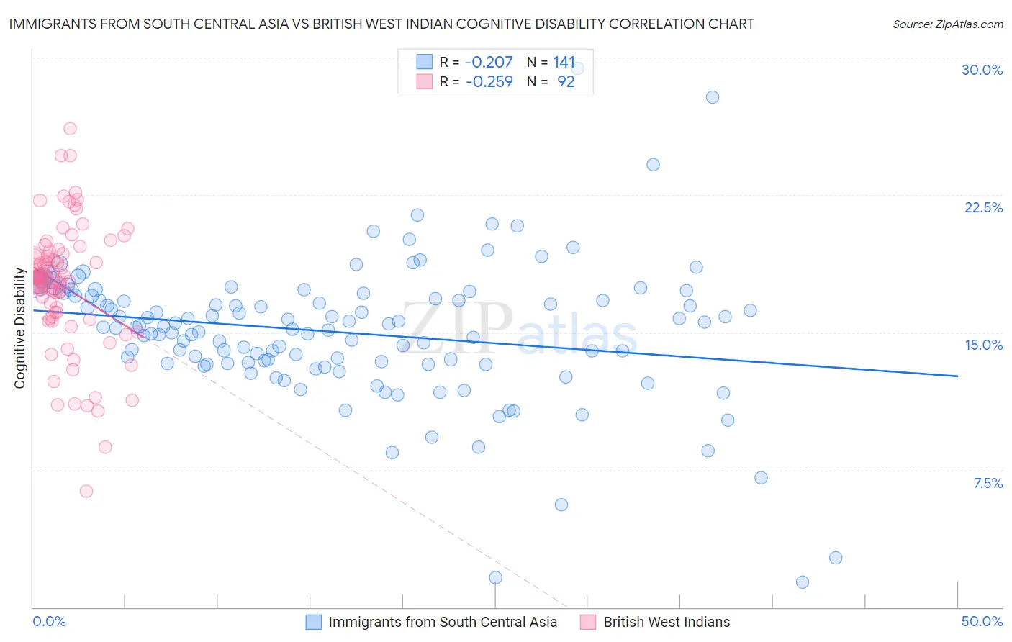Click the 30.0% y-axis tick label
pyautogui.click(x=982, y=70)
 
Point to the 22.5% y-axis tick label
pyautogui.click(x=983, y=207)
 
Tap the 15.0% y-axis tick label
pyautogui.click(x=983, y=345)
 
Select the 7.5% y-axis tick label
pyautogui.click(x=988, y=483)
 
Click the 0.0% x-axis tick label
pyautogui.click(x=49, y=621)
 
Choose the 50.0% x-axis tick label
pyautogui.click(x=982, y=621)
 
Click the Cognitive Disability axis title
pyautogui.click(x=19, y=328)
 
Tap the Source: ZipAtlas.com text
pyautogui.click(x=947, y=24)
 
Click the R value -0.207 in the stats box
pyautogui.click(x=489, y=62)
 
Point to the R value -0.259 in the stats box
pyautogui.click(x=489, y=81)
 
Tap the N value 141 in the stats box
pyautogui.click(x=564, y=62)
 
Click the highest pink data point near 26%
pyautogui.click(x=70, y=129)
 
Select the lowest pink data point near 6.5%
pyautogui.click(x=86, y=491)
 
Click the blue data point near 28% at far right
pyautogui.click(x=712, y=97)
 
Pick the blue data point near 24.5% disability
pyautogui.click(x=653, y=165)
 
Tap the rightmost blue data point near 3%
pyautogui.click(x=835, y=558)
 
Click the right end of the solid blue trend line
pyautogui.click(x=957, y=376)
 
